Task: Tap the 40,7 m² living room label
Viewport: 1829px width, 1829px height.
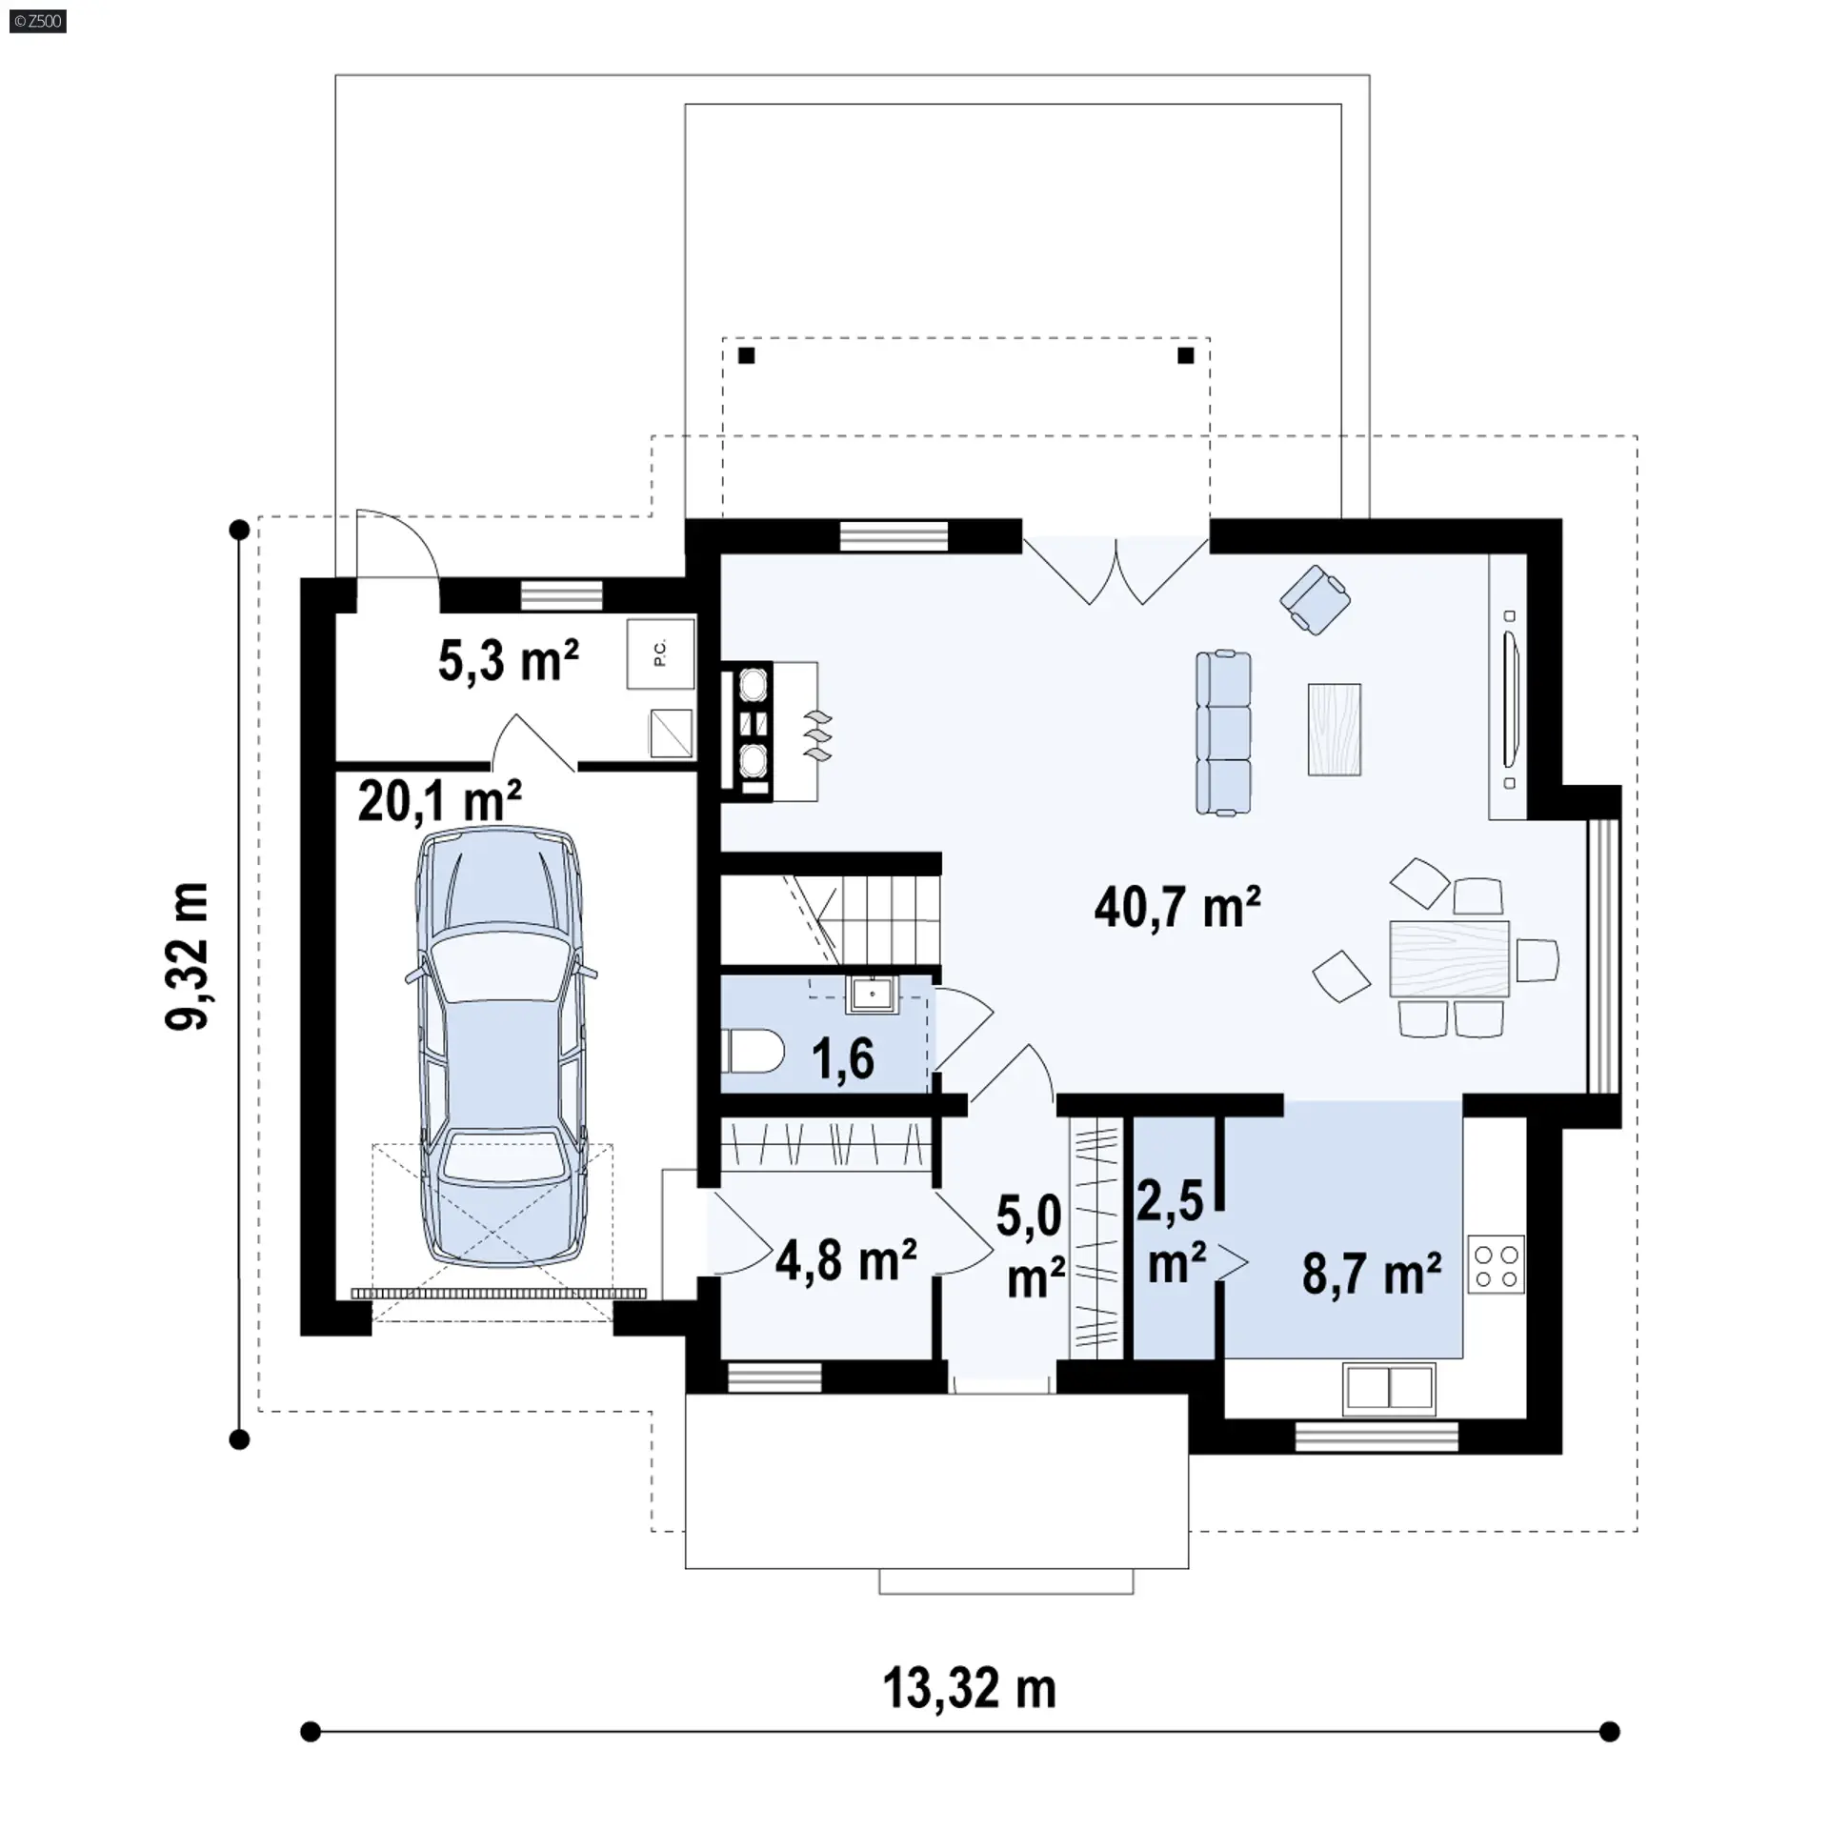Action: (x=1177, y=907)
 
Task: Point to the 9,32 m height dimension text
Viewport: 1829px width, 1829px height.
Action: (x=187, y=955)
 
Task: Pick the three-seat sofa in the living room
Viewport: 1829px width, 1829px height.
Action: (x=1223, y=733)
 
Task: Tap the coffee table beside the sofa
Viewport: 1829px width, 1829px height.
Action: (x=1334, y=729)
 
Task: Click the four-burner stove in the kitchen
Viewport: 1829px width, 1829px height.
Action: (x=1496, y=1264)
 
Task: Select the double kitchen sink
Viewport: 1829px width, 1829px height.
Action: (x=1389, y=1388)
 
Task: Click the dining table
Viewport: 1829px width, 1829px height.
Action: (x=1449, y=958)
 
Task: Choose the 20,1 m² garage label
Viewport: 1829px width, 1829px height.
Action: (x=439, y=801)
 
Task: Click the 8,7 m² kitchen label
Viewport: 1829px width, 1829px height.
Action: (x=1372, y=1274)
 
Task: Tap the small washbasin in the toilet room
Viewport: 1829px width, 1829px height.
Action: (x=873, y=993)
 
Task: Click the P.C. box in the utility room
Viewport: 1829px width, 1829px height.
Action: (x=660, y=653)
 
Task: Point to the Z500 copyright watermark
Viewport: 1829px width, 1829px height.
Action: (x=38, y=21)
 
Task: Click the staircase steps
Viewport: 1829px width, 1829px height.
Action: (x=876, y=920)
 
